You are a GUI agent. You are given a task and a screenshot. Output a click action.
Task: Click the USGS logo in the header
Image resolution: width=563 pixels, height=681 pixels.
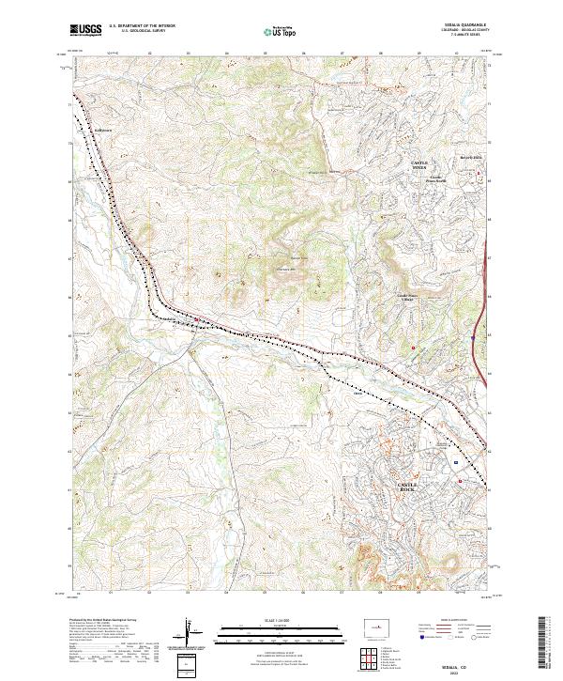(85, 30)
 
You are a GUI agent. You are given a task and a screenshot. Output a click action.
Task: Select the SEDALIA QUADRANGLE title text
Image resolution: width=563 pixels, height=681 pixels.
(461, 26)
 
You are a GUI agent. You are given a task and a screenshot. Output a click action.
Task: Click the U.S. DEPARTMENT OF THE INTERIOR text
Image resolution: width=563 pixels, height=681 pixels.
(142, 27)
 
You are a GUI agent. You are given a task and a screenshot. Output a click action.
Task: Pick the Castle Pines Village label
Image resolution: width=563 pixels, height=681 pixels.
(411, 297)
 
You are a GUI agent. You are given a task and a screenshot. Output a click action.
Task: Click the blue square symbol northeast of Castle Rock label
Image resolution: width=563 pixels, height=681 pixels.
(455, 463)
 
